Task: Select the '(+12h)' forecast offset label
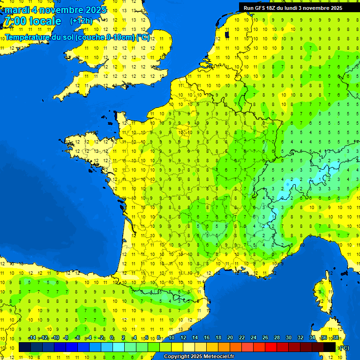tap(81, 21)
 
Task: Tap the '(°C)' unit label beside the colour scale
tap(344, 347)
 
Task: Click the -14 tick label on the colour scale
tap(32, 338)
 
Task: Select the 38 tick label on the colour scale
tap(336, 338)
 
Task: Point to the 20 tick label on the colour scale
tap(230, 338)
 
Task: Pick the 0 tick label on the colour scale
tap(112, 338)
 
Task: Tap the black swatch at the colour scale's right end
tap(330, 347)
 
